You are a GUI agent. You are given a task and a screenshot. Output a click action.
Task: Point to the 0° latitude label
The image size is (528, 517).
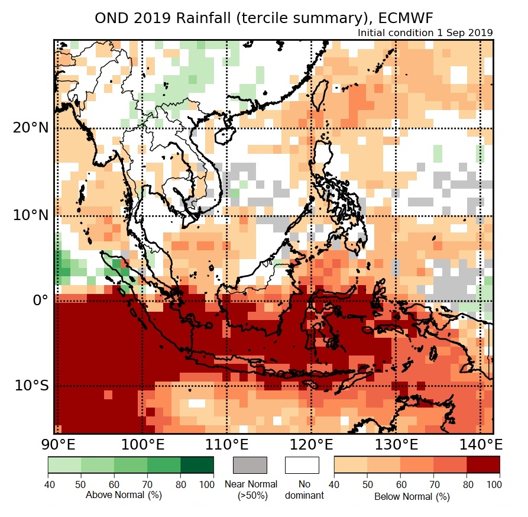click(39, 300)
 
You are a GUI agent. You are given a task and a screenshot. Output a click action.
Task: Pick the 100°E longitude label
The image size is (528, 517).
click(142, 444)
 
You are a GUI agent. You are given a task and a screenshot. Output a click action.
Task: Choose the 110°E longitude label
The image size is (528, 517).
click(226, 444)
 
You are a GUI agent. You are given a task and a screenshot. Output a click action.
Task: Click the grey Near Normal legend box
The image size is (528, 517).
click(250, 465)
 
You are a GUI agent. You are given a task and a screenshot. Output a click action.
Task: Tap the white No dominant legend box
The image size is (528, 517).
click(302, 465)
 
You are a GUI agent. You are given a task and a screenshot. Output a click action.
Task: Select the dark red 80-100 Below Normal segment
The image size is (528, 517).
click(483, 465)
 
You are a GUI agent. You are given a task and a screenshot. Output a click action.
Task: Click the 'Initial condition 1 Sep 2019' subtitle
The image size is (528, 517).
click(425, 33)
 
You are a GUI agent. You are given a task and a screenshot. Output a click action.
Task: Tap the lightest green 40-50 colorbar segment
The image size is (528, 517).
click(64, 465)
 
